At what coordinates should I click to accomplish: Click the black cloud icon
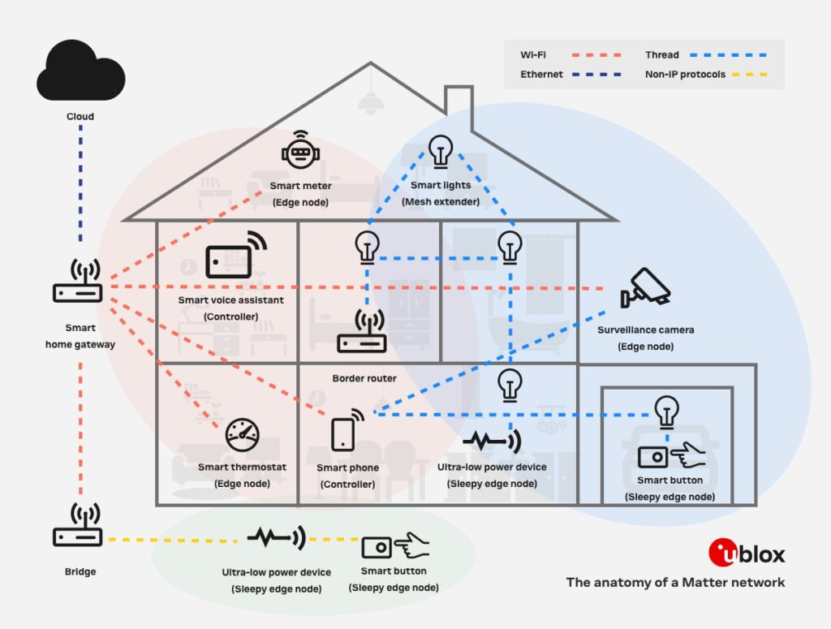click(x=80, y=71)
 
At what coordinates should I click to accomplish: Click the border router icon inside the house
click(x=362, y=334)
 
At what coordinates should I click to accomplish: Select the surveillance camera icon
click(x=645, y=287)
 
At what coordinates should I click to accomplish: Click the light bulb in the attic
click(x=440, y=152)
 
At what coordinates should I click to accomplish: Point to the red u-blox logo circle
click(x=722, y=553)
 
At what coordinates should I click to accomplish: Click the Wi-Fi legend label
click(x=533, y=55)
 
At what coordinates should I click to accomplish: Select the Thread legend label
click(x=661, y=55)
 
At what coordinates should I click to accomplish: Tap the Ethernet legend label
click(x=541, y=75)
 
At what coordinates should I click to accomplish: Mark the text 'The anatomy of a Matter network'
click(x=675, y=582)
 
